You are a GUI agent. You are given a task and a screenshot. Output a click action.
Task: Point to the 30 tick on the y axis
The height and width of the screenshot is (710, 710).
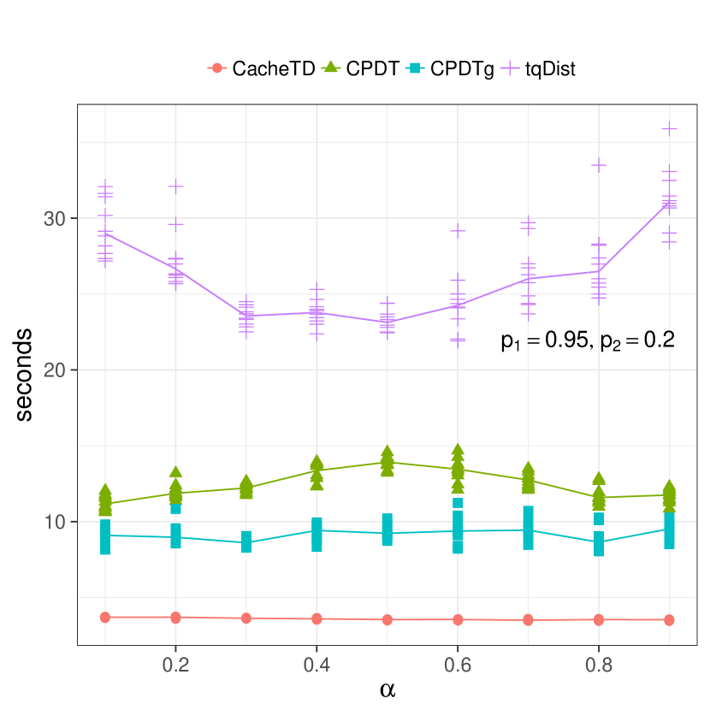pos(55,218)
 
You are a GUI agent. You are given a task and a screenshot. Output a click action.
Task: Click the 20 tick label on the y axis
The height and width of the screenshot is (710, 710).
pos(55,370)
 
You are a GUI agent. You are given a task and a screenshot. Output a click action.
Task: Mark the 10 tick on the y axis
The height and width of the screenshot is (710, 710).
pos(55,522)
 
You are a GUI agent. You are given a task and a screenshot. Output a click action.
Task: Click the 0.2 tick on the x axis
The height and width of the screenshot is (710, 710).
pos(175,664)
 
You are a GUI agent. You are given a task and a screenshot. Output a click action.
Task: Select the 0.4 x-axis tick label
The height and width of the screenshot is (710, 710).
pos(317,664)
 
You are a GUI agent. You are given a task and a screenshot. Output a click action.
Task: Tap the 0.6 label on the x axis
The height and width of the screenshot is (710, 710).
pos(458,664)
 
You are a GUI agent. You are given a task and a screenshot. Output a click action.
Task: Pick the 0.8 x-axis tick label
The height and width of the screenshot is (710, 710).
pos(599,664)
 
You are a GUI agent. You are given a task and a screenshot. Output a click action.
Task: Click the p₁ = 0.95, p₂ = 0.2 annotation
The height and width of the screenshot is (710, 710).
pos(588,340)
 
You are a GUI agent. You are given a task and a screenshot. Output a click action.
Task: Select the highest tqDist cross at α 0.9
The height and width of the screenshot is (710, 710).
pos(669,128)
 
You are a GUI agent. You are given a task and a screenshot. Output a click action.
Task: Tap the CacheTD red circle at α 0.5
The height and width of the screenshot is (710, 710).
pos(387,619)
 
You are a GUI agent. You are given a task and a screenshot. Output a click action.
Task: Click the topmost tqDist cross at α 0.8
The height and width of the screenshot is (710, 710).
pos(599,164)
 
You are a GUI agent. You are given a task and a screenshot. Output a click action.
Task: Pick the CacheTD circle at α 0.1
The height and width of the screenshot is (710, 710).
pos(105,617)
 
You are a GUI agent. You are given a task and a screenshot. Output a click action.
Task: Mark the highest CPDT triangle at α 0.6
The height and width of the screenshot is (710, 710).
pos(458,450)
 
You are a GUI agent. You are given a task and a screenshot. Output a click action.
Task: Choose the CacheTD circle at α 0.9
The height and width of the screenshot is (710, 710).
pos(669,619)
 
